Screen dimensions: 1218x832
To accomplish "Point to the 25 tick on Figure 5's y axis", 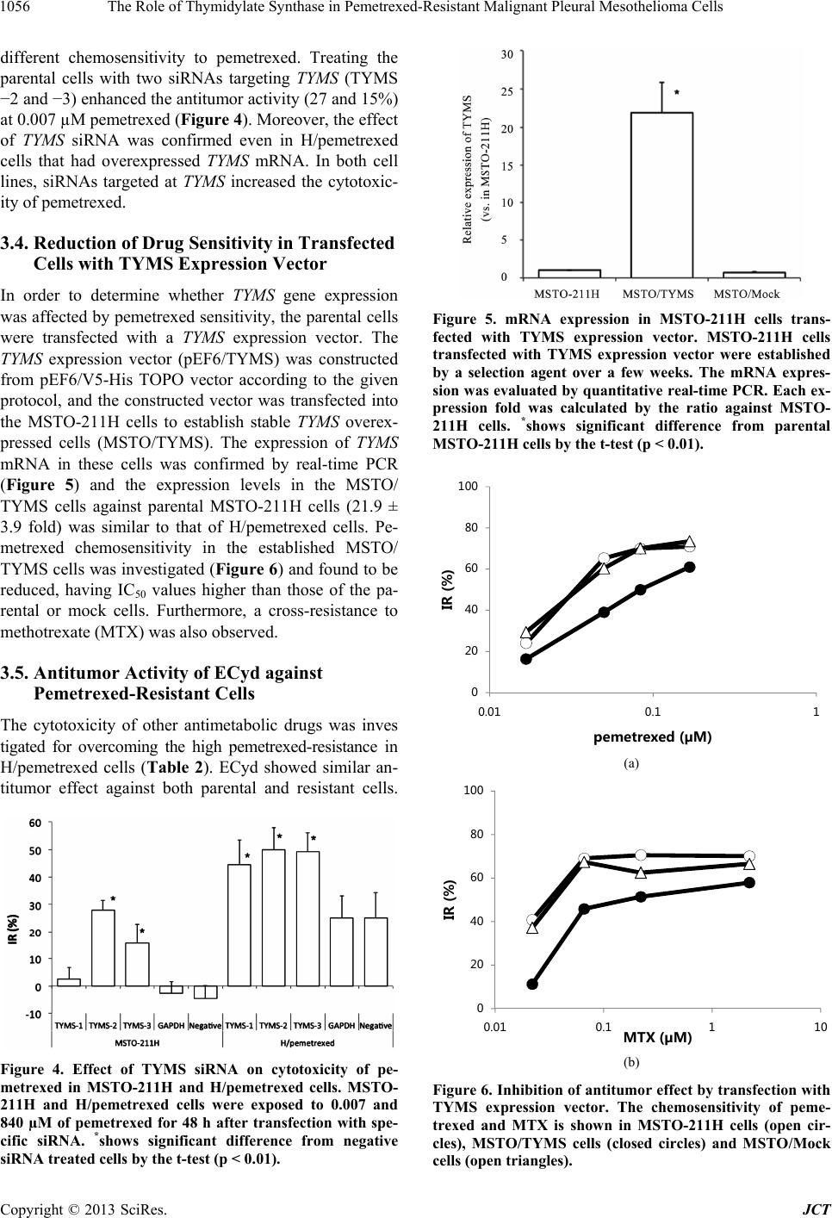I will pyautogui.click(x=506, y=90).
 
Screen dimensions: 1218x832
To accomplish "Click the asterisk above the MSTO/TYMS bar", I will pyautogui.click(x=677, y=91).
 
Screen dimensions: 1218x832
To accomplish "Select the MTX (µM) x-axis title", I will pyautogui.click(x=656, y=1036).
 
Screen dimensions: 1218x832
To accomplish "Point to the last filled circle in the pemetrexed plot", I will pyautogui.click(x=689, y=566).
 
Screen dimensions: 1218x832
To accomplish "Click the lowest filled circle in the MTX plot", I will pyautogui.click(x=532, y=984).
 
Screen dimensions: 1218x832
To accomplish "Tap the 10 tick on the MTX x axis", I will pyautogui.click(x=819, y=1027).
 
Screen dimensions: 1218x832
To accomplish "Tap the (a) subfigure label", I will pyautogui.click(x=631, y=763).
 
